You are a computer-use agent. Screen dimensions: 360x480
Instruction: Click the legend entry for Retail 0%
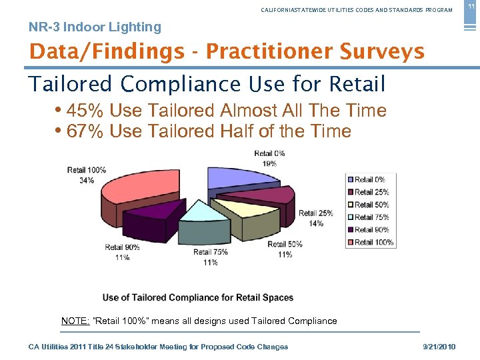click(x=369, y=179)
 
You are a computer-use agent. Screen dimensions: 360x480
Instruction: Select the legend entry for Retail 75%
click(x=371, y=217)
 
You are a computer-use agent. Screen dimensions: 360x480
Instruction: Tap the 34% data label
click(x=87, y=180)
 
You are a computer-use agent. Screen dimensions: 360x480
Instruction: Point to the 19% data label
click(x=269, y=163)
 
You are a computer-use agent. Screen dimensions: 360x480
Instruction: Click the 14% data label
click(x=315, y=223)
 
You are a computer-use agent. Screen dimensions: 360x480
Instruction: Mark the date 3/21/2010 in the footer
click(x=440, y=347)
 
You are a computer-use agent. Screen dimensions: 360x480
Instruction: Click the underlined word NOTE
click(x=75, y=321)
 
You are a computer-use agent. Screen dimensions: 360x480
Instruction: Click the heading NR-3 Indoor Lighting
click(x=95, y=27)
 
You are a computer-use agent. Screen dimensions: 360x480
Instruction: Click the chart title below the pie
click(x=198, y=297)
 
